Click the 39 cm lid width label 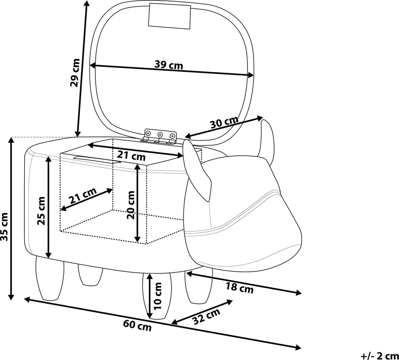click(x=169, y=65)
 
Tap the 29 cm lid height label click(x=75, y=73)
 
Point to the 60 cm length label click(x=137, y=325)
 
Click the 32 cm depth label click(x=206, y=316)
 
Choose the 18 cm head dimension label click(x=240, y=288)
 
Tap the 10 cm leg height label click(x=158, y=296)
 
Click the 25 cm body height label click(x=41, y=211)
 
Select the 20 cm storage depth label click(x=131, y=205)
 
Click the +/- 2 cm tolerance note click(x=379, y=356)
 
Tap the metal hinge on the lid click(x=160, y=137)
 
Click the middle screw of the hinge click(x=160, y=134)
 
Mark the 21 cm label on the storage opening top click(x=131, y=156)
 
